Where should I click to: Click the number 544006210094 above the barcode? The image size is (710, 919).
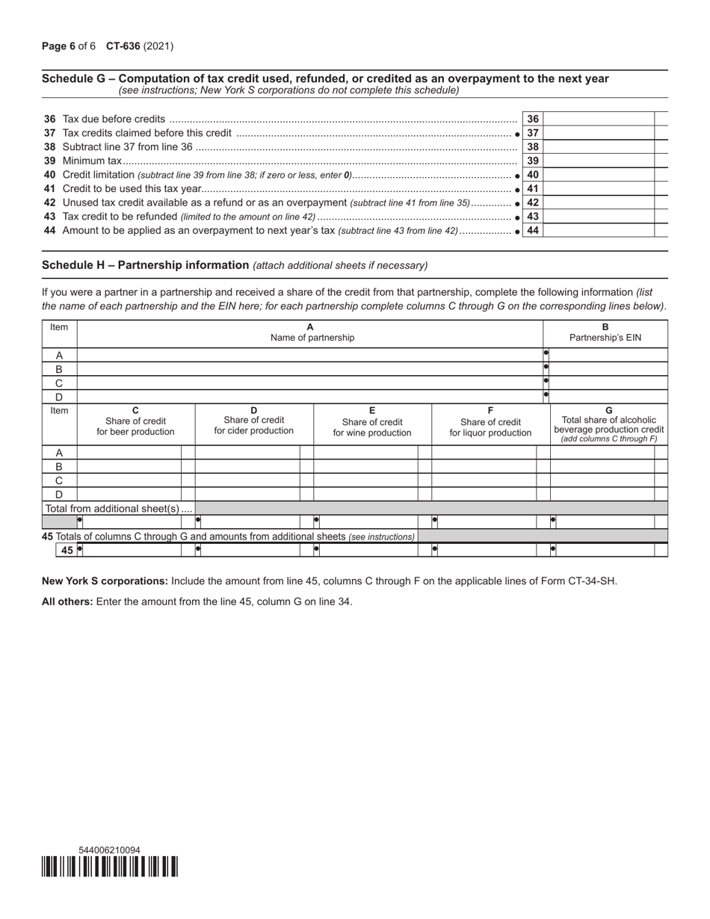109,850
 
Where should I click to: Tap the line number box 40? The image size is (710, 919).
532,175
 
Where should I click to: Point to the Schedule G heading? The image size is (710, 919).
325,78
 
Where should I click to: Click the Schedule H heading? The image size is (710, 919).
146,264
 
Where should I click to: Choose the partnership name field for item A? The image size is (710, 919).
310,355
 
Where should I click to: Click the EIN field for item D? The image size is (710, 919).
608,397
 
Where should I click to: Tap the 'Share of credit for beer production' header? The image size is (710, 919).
135,421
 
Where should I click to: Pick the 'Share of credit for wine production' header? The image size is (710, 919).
372,422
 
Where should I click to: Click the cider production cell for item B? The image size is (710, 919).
247,467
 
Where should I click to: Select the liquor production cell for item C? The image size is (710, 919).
484,480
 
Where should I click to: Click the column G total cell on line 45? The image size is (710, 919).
603,550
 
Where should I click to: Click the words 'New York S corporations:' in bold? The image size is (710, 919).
105,581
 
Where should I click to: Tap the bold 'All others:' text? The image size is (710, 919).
67,601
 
